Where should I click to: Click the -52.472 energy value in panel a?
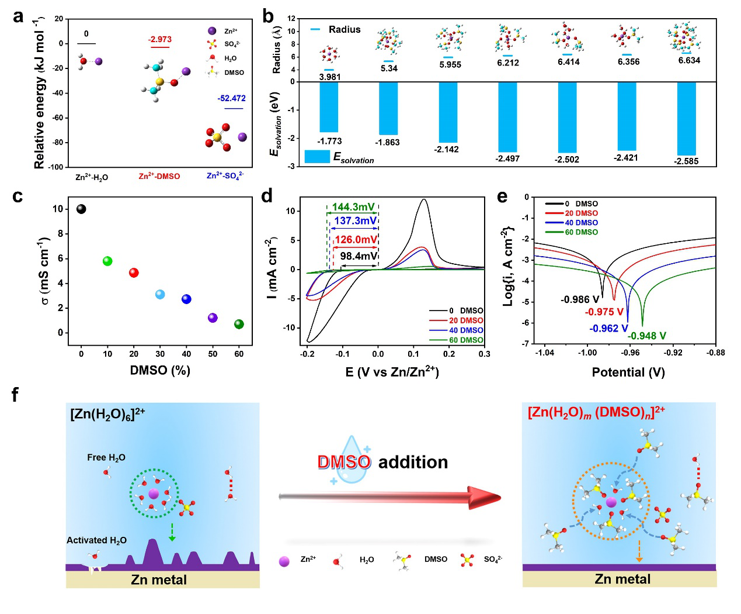click(x=231, y=98)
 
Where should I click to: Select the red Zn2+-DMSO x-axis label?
click(x=159, y=176)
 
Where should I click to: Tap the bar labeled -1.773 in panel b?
click(x=329, y=107)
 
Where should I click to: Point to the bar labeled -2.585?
click(x=686, y=118)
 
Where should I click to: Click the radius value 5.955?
click(x=450, y=65)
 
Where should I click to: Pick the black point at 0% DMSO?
click(x=81, y=209)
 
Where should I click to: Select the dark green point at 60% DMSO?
click(x=239, y=324)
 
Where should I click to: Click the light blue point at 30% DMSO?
click(x=160, y=294)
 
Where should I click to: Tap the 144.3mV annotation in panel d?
click(x=353, y=207)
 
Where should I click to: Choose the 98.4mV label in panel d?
click(x=359, y=256)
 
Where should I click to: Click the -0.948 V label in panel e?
click(x=646, y=336)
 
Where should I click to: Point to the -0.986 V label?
click(x=580, y=299)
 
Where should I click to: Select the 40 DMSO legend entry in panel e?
click(x=580, y=223)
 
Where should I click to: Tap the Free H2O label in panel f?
click(x=106, y=458)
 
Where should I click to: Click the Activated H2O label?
click(x=96, y=540)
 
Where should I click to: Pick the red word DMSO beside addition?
click(x=344, y=462)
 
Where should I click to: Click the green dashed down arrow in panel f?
click(x=172, y=532)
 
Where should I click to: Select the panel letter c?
click(x=18, y=196)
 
